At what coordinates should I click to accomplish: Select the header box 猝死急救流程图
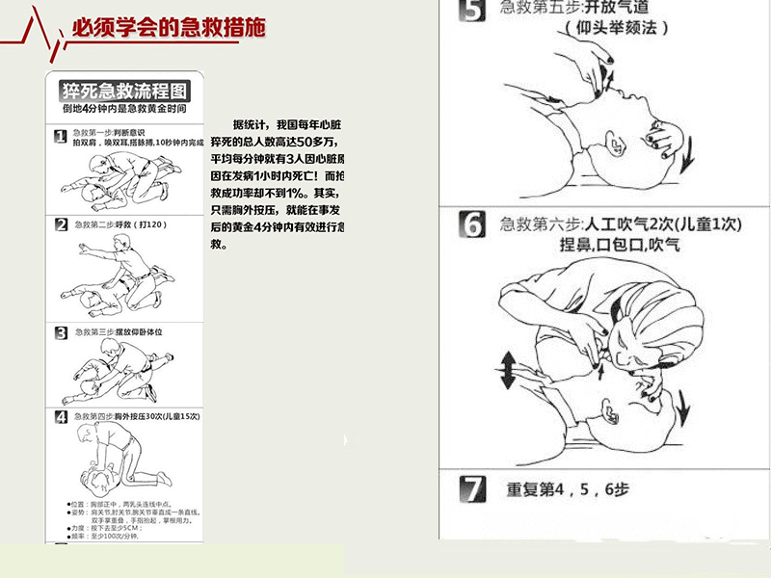coord(125,92)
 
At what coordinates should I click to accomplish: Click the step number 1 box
coord(61,137)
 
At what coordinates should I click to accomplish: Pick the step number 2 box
coord(61,224)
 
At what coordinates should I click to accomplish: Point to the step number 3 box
coord(61,333)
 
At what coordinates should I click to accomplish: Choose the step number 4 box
coord(61,416)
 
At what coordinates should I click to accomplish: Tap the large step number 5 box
coord(470,12)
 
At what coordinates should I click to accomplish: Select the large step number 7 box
coord(471,488)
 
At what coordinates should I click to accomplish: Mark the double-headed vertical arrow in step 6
coord(506,369)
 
